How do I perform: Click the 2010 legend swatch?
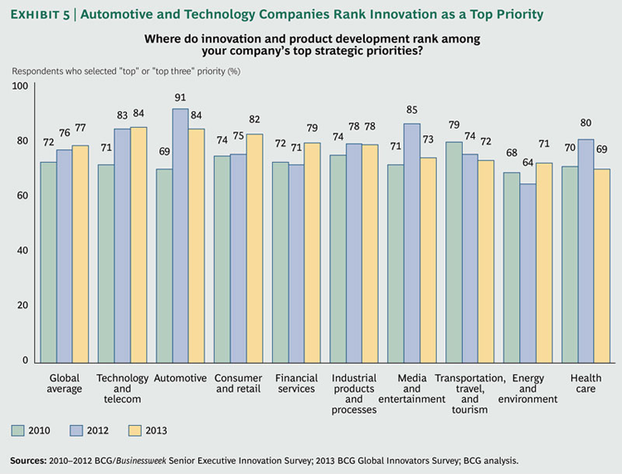(18, 430)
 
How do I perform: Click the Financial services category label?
(296, 384)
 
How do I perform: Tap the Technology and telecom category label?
(123, 388)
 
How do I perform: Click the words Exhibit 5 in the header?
(46, 13)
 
